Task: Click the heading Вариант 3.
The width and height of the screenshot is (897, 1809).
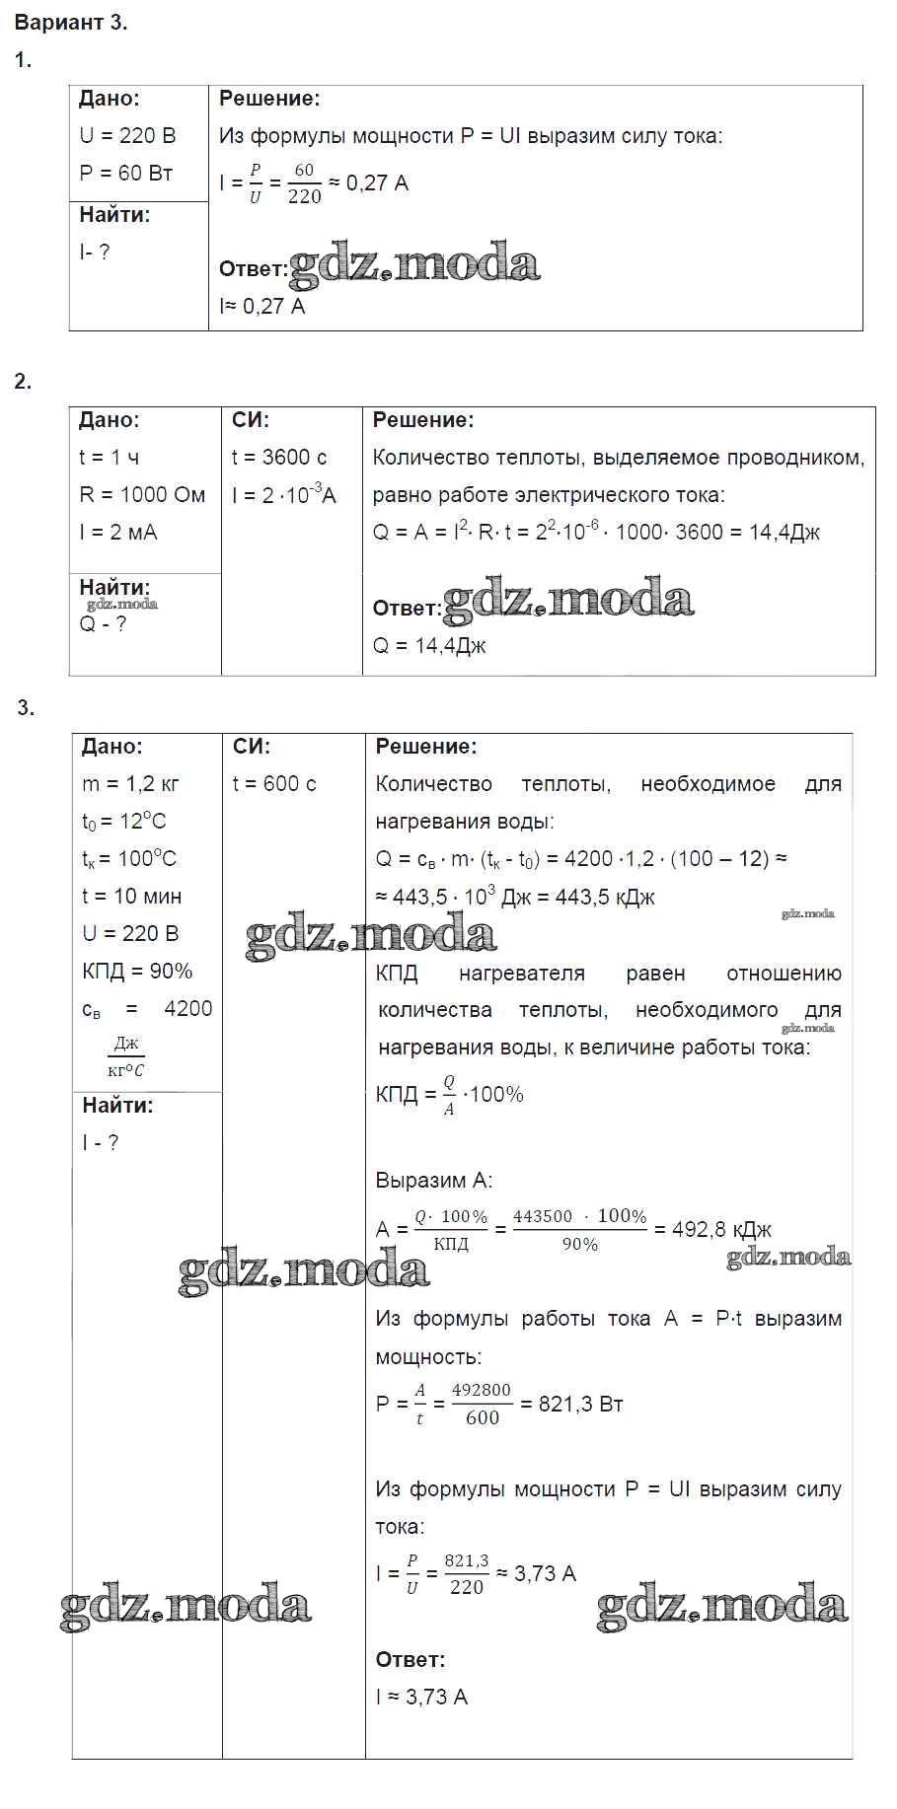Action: [x=71, y=23]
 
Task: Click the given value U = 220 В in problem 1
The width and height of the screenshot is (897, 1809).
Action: [x=127, y=136]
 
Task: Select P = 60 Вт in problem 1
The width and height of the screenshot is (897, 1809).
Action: [x=126, y=174]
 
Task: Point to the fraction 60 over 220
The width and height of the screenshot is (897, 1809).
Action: [x=304, y=183]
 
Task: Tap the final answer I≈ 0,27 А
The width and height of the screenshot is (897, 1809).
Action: [x=262, y=307]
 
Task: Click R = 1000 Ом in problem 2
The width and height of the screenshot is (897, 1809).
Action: [x=142, y=495]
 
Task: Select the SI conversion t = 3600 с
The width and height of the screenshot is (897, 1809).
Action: [x=279, y=458]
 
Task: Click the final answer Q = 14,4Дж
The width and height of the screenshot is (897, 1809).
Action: [x=429, y=646]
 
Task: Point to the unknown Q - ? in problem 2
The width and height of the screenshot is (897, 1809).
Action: [x=103, y=624]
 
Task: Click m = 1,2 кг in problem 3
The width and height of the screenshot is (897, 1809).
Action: [x=131, y=784]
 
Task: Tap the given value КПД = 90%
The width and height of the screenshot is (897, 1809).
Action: [x=137, y=972]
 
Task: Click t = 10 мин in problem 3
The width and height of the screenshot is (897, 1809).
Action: [x=132, y=897]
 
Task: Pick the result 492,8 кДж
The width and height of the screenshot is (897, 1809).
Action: [x=721, y=1230]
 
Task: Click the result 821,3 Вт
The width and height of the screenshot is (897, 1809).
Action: [x=581, y=1405]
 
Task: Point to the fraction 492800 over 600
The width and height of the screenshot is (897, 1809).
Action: [x=482, y=1405]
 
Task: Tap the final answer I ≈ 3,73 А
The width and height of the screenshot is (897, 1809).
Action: [x=421, y=1698]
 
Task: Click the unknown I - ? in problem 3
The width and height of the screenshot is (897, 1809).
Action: [x=101, y=1143]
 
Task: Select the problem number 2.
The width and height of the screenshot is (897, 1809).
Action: [x=23, y=382]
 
